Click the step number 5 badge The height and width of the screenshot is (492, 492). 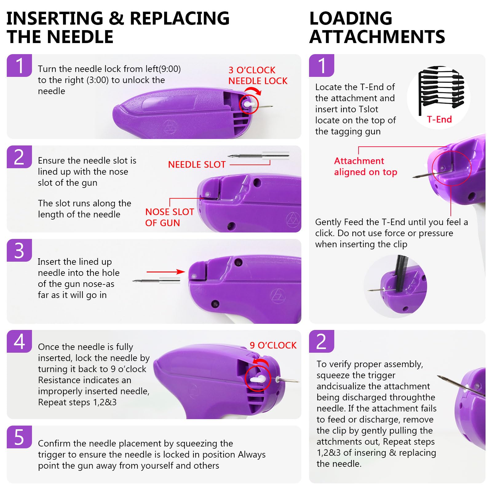pos(19,437)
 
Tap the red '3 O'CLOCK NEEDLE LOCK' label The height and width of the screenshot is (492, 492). pos(258,75)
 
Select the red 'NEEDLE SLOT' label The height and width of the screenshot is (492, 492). pos(197,165)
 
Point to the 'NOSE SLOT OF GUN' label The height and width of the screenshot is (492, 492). pos(169,217)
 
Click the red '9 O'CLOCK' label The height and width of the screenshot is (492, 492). pos(273,345)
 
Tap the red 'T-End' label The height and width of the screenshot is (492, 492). pos(439,119)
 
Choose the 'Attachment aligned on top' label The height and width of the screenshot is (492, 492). pos(366,166)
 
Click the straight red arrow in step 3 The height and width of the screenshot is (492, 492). pos(166,272)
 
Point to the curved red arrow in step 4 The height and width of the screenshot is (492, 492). pos(260,363)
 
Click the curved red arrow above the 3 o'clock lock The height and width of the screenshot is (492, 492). pos(253,90)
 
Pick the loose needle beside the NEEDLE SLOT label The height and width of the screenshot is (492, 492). pos(258,156)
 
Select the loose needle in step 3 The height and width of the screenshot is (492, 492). pos(156,280)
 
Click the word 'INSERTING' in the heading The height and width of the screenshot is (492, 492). pos(55,18)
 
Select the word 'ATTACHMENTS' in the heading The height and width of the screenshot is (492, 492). pos(377,37)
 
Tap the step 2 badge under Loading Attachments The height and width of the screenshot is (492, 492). pos(321,341)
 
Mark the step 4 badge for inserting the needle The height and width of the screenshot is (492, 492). pos(19,341)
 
